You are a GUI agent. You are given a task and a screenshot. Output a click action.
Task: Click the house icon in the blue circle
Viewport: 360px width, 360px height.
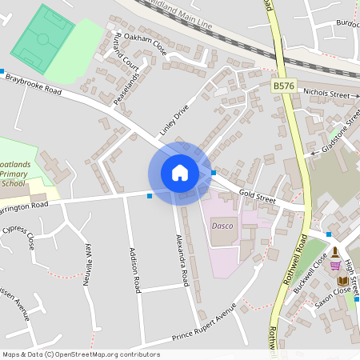pyautogui.click(x=179, y=173)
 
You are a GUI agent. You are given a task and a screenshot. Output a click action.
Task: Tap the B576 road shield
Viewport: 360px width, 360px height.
pyautogui.click(x=283, y=84)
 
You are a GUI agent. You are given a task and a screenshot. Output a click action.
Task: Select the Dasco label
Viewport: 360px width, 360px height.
pyautogui.click(x=222, y=226)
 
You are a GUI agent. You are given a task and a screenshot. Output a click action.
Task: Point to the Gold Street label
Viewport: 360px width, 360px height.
pyautogui.click(x=256, y=194)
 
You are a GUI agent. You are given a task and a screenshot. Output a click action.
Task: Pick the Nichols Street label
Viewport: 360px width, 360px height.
pyautogui.click(x=326, y=94)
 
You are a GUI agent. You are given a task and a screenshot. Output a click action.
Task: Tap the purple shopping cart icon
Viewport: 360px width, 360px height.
pyautogui.click(x=336, y=264)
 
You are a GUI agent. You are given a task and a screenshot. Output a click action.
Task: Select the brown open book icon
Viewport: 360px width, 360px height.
pyautogui.click(x=342, y=281)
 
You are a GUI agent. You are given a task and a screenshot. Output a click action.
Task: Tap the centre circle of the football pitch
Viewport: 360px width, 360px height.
pyautogui.click(x=42, y=38)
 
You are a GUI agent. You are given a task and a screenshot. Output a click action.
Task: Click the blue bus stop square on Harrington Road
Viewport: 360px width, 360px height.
pyautogui.click(x=150, y=194)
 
